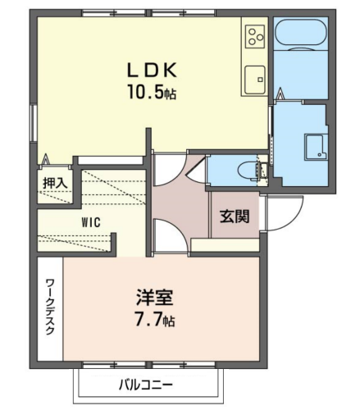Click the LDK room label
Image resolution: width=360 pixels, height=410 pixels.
pos(152,71)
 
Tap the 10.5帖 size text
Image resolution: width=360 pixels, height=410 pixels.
pos(152,92)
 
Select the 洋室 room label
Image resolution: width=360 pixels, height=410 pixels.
pos(154,297)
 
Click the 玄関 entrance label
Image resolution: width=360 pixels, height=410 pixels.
pos(235,216)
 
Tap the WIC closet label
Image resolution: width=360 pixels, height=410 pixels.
pos(91,222)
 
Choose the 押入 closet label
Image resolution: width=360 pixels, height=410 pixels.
pos(55,183)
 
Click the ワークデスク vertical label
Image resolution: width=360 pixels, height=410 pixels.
pos(50,307)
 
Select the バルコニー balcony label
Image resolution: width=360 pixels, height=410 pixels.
pos(146,385)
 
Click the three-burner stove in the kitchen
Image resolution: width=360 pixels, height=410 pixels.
pos(256,35)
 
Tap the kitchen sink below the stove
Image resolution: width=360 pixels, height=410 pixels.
pos(255,80)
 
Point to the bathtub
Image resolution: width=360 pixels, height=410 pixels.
pos(301,34)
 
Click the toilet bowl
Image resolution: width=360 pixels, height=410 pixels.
pos(248,171)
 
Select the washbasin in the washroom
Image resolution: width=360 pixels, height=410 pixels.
pos(316,147)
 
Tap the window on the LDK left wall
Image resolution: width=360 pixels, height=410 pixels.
pos(34,123)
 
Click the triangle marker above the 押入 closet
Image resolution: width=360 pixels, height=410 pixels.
pos(46,159)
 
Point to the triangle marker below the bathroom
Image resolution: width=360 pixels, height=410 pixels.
pos(280,94)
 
